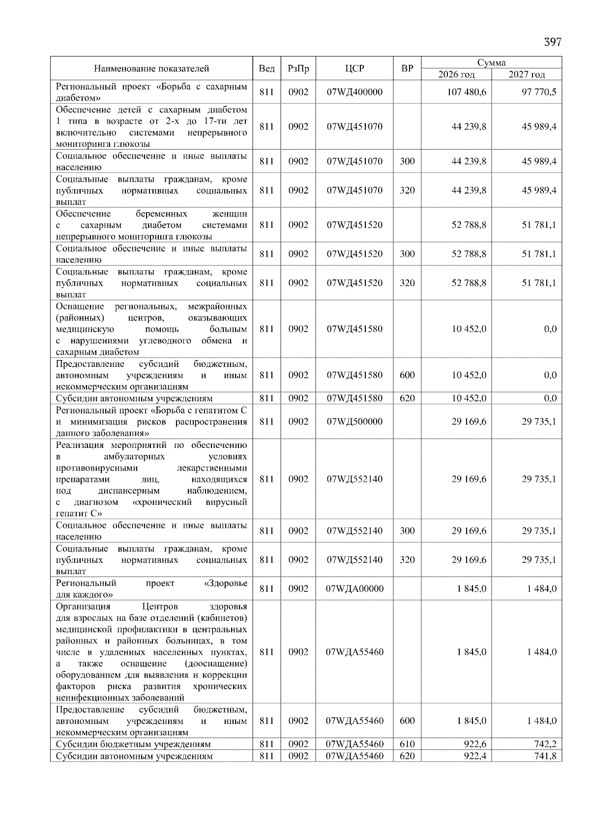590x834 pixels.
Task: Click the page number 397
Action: [552, 42]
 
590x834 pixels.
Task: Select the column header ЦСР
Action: [354, 69]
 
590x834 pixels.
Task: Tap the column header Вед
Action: [266, 69]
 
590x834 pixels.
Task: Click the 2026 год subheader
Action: [456, 75]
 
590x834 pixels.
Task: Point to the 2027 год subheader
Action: [527, 75]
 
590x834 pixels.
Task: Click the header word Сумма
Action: [491, 62]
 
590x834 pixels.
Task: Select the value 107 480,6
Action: [469, 92]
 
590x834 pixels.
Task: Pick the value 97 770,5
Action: [539, 92]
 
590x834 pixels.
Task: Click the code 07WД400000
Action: [354, 92]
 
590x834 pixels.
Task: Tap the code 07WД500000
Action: [354, 421]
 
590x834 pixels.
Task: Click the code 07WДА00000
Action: [354, 588]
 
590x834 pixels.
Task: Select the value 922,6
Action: [475, 744]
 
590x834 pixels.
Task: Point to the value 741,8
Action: [545, 756]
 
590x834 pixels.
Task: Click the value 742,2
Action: [545, 744]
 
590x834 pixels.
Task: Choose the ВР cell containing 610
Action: [407, 744]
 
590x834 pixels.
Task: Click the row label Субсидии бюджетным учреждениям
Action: [133, 744]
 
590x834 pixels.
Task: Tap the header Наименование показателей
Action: [151, 69]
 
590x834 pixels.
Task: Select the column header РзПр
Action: [298, 69]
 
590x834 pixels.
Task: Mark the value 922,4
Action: [475, 756]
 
